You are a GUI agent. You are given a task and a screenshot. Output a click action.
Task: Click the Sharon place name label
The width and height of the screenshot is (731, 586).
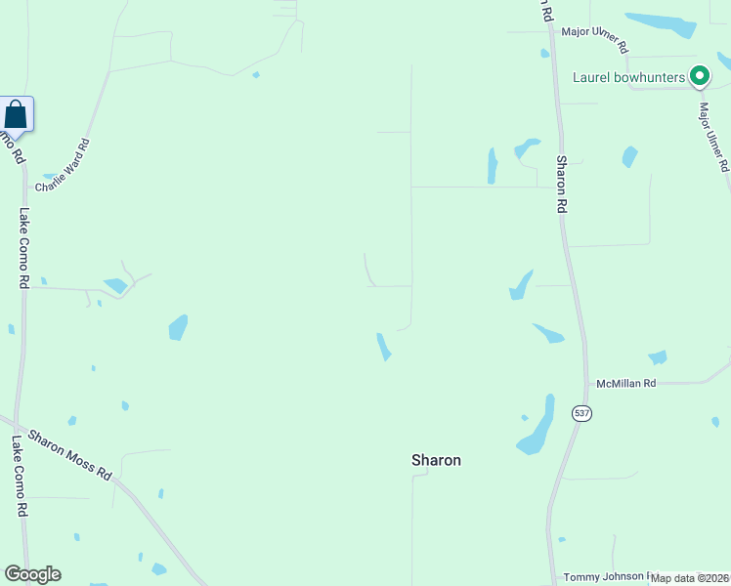(x=436, y=460)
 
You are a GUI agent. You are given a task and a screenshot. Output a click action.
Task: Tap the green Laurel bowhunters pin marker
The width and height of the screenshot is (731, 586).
(x=699, y=75)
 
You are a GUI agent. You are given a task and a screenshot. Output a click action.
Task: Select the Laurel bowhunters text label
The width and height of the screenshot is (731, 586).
(x=628, y=76)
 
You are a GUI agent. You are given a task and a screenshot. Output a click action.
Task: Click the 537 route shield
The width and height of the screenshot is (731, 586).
(x=582, y=413)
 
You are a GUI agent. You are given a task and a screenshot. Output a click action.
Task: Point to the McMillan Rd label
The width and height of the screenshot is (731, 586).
(x=626, y=384)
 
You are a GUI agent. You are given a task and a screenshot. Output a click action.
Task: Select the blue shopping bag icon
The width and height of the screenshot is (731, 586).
(x=16, y=114)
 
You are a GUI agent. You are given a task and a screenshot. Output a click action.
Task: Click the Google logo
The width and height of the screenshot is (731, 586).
(x=32, y=574)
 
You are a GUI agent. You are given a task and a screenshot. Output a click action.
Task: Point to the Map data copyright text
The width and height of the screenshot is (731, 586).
(x=690, y=578)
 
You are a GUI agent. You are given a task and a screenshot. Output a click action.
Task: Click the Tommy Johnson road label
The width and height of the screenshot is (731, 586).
(x=606, y=577)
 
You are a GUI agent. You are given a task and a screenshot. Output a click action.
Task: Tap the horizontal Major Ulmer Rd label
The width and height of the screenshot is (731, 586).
(x=594, y=39)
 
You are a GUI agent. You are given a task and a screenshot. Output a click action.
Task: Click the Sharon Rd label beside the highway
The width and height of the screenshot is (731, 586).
(x=562, y=185)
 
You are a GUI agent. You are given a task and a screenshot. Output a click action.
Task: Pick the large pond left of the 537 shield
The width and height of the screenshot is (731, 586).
(x=537, y=427)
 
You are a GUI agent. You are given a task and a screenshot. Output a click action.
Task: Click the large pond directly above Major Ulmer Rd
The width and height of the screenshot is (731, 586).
(x=662, y=23)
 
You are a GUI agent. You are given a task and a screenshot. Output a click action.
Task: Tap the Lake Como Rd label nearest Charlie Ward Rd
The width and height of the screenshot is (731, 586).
(x=23, y=247)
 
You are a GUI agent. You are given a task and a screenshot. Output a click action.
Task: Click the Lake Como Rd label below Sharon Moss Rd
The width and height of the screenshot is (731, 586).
(x=19, y=476)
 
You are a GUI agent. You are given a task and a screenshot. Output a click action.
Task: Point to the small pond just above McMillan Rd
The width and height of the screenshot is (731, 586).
(x=658, y=357)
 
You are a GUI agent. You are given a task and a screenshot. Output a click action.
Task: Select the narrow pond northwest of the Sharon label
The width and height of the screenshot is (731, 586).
(x=384, y=346)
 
